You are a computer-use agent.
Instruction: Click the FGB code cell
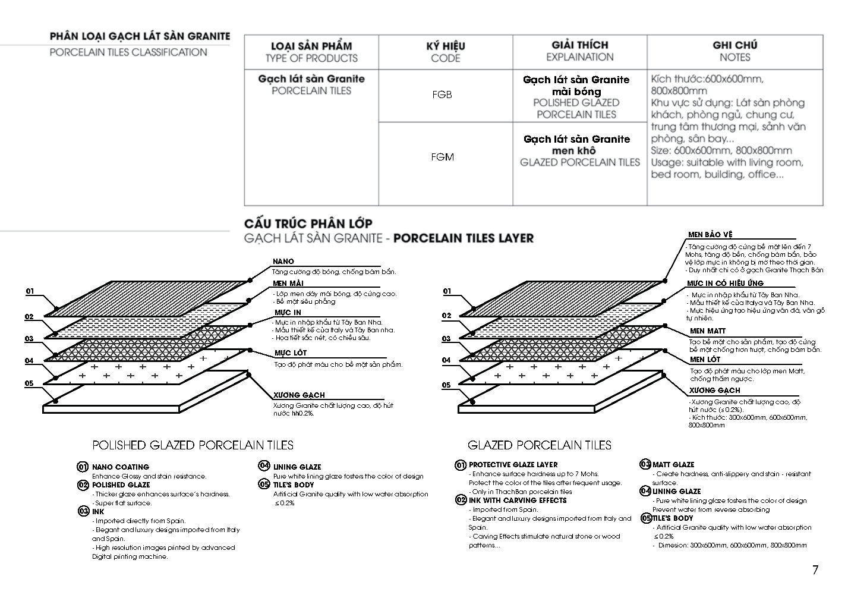coord(442,95)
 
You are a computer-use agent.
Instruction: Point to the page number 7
coord(815,570)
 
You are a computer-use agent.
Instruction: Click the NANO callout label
coord(283,262)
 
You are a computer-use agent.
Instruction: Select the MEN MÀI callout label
coord(288,283)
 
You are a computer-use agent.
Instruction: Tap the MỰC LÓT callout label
coord(291,353)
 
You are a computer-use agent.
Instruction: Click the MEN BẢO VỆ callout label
coord(710,235)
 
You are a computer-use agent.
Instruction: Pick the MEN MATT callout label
coord(707,331)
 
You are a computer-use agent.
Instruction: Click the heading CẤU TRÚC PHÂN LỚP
coord(308,224)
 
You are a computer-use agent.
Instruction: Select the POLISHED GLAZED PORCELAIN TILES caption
coord(193,445)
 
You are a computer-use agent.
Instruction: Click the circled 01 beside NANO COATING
coord(83,467)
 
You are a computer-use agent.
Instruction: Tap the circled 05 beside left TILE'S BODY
coord(264,484)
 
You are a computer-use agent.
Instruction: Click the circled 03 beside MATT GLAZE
coord(645,464)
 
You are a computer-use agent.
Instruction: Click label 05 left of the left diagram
coord(29,383)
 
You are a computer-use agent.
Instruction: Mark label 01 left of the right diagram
coord(447,291)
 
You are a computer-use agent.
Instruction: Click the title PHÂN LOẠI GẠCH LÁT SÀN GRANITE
coord(140,36)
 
